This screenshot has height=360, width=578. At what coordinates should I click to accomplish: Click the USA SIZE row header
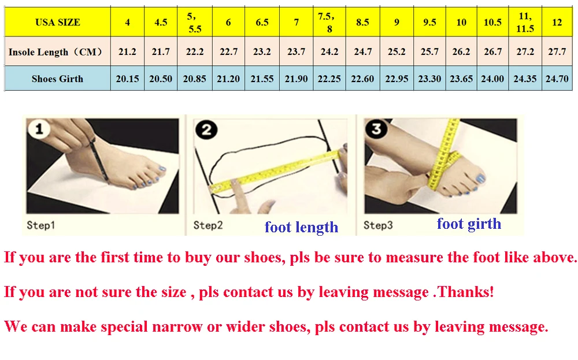(57, 22)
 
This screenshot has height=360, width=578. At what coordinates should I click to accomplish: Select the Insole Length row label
(55, 51)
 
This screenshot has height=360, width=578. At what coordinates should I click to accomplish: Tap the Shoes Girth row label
(57, 79)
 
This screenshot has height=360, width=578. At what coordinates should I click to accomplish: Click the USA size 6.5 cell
(262, 22)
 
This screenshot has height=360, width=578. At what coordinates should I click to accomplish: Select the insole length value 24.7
(363, 51)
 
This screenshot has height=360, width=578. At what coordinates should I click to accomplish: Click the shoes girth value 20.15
(127, 79)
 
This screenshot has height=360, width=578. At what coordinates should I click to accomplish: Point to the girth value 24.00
(492, 79)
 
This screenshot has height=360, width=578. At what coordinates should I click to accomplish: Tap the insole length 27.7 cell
(557, 51)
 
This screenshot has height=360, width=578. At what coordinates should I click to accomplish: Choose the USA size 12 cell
(557, 22)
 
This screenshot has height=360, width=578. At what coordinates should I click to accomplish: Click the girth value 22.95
(397, 79)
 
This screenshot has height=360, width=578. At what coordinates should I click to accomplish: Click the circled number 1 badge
(39, 129)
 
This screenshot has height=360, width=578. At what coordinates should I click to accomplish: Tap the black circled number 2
(206, 129)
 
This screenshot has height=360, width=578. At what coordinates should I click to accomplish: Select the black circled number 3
(376, 129)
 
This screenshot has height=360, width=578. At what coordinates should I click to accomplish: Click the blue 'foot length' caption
(301, 227)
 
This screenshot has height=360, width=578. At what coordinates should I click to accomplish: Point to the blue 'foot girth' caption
(469, 224)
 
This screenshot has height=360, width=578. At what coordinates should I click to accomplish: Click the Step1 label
(40, 225)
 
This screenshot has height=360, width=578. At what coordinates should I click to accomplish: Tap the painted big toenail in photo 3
(480, 179)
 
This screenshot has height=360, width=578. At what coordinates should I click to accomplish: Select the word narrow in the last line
(176, 326)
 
